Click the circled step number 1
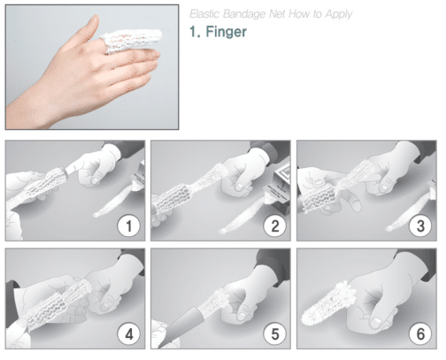pos(128,226)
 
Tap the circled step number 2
pos(274,226)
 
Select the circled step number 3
pos(420,226)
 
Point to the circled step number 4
pos(128,334)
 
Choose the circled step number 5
pos(274,334)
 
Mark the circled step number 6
pos(420,334)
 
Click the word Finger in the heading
pos(227,32)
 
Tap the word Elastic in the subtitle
pos(204,14)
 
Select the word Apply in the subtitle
pos(339,14)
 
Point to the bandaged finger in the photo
pos(131,41)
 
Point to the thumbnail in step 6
pos(377,322)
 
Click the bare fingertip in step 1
pos(72,168)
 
